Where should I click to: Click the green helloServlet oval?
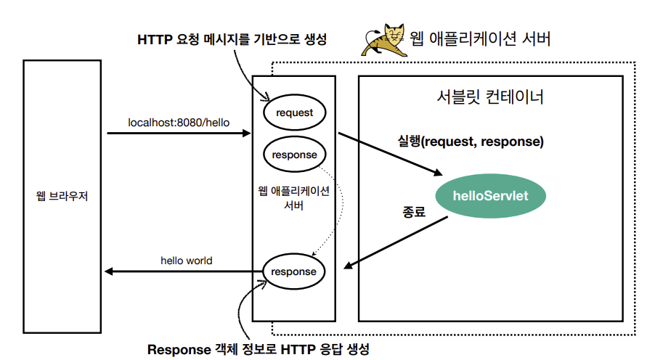(x=490, y=195)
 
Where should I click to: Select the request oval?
(x=294, y=112)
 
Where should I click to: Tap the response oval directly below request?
(x=294, y=155)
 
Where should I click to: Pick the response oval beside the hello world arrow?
(x=293, y=271)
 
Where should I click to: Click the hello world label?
(x=187, y=260)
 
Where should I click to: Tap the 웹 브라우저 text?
(x=62, y=196)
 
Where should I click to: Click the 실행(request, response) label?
(x=471, y=141)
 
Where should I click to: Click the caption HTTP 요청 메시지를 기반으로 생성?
(x=232, y=40)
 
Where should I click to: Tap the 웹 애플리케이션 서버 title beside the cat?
(x=481, y=38)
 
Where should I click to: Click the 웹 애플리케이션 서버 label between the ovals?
(x=293, y=197)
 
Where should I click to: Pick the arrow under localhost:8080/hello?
(x=179, y=134)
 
